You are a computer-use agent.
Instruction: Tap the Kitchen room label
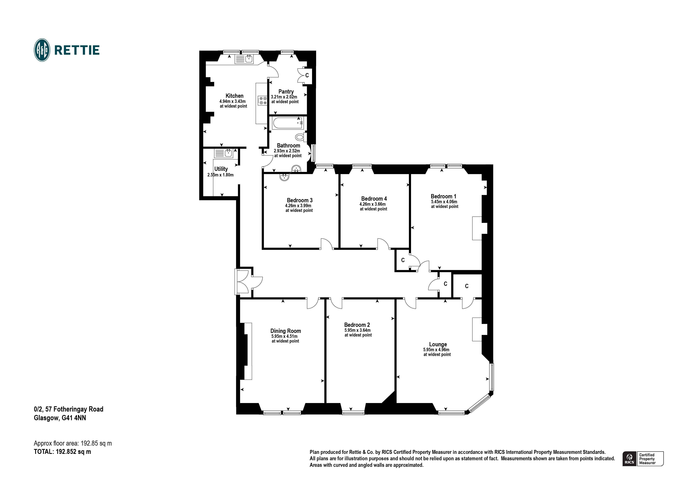point(234,96)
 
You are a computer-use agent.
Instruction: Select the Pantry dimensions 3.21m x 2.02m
point(284,97)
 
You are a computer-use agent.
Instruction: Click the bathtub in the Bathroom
point(287,123)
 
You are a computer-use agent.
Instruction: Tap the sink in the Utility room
point(228,153)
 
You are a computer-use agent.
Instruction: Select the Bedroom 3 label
point(299,200)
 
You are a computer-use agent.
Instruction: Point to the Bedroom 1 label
point(443,196)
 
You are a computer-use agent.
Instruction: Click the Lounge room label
point(438,344)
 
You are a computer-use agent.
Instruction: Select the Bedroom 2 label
point(357,325)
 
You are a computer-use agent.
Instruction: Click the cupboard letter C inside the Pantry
point(307,75)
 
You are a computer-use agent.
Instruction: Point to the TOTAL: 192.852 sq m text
point(62,452)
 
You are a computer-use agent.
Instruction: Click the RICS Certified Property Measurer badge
point(643,459)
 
